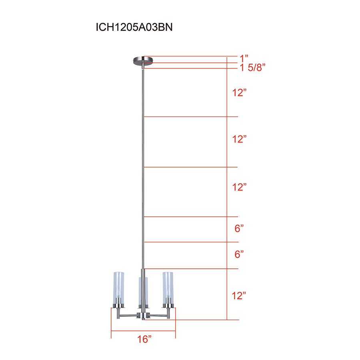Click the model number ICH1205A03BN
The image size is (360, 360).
(134, 27)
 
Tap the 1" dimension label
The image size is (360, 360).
(244, 57)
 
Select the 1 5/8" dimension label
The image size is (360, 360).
(253, 68)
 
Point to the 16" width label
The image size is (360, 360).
(144, 340)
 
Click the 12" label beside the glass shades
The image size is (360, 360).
(239, 296)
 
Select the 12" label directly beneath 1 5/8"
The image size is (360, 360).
(239, 93)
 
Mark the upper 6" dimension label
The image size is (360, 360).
(239, 229)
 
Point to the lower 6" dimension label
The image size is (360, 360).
(239, 254)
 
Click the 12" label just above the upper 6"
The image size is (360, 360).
(239, 187)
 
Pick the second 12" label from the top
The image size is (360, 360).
(239, 139)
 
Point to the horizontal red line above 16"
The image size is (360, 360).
(143, 331)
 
